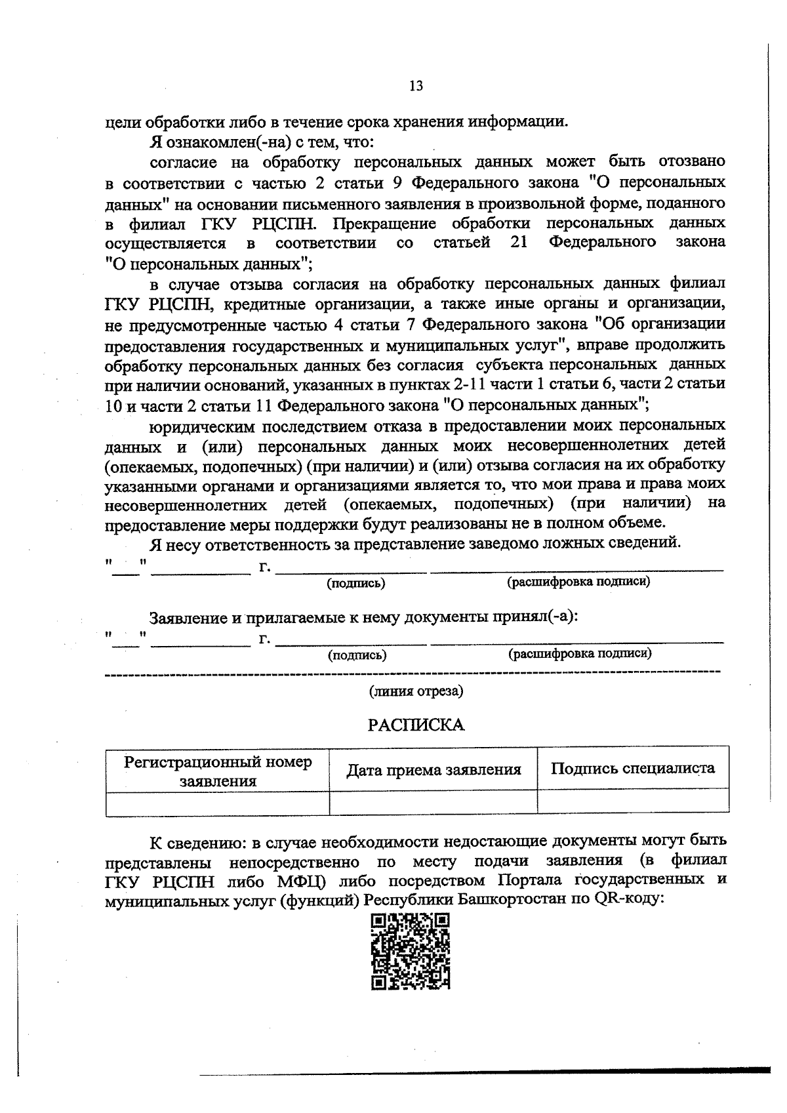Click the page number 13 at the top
pos(416,86)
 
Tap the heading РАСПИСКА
pos(416,725)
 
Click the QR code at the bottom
pos(411,951)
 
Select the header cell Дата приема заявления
pos(434,769)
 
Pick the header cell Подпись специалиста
pos(633,769)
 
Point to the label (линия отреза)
pos(416,691)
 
